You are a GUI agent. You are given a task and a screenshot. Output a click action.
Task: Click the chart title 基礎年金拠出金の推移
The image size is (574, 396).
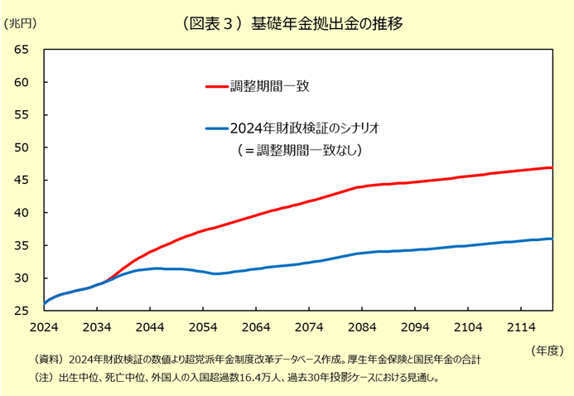[x=326, y=24]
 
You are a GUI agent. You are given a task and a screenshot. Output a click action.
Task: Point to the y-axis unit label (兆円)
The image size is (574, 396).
[x=20, y=24]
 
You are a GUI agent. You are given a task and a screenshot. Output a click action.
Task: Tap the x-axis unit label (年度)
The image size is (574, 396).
[x=547, y=350]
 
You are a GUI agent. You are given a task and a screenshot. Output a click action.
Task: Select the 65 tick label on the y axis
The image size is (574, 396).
[x=22, y=50]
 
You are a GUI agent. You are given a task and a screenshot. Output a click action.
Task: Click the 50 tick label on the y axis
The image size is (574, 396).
[x=22, y=147]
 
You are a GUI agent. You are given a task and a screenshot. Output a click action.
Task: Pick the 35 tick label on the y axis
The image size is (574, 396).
[x=22, y=245]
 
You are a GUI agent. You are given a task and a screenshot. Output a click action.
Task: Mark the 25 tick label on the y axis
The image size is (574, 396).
[x=22, y=311]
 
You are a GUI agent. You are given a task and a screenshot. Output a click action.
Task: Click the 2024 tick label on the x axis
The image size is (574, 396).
[x=44, y=327]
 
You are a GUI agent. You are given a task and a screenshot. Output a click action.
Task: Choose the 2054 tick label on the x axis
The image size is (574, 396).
[x=203, y=327]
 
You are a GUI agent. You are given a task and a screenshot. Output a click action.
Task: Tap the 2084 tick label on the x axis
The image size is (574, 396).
[x=362, y=327]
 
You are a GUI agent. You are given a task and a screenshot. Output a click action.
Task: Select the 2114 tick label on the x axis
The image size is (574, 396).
[x=521, y=327]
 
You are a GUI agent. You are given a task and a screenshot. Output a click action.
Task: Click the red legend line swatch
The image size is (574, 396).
[x=217, y=86]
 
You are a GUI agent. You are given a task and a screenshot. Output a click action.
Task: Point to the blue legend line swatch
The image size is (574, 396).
[x=217, y=128]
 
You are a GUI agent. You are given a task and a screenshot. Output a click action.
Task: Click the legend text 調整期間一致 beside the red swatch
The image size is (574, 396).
[x=270, y=86]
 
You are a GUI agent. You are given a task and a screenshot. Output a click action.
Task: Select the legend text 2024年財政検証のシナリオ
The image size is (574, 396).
[x=305, y=128]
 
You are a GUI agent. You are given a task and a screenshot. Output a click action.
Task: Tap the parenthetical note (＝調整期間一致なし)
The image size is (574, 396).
[x=300, y=150]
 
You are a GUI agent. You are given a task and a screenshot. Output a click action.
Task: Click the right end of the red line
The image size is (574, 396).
[x=552, y=167]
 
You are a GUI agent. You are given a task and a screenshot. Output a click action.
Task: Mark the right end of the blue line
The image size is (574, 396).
[x=552, y=239]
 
